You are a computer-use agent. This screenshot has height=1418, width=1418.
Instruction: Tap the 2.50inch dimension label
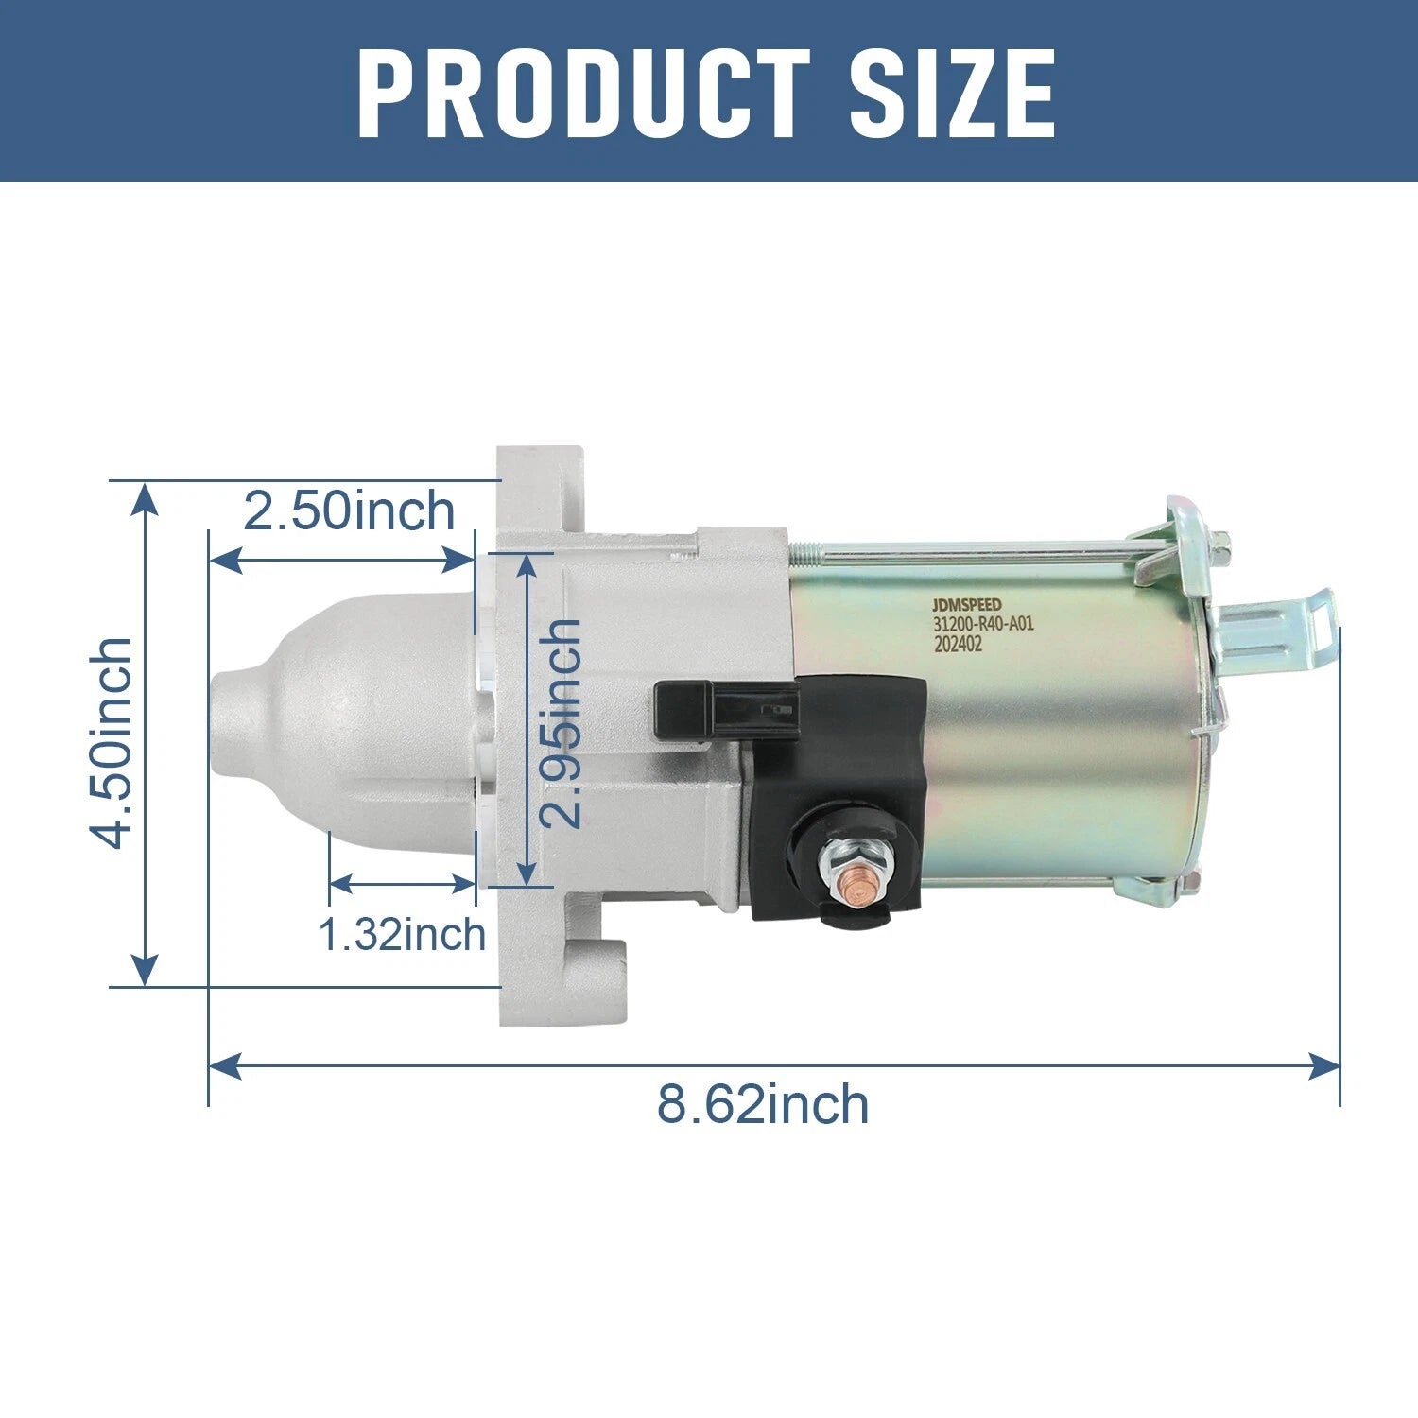pyautogui.click(x=349, y=511)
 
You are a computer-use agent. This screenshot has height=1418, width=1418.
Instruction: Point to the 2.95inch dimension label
pyautogui.click(x=562, y=724)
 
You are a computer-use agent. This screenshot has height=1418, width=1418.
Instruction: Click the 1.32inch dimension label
pyautogui.click(x=402, y=934)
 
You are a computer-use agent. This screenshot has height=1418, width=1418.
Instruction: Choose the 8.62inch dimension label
pyautogui.click(x=763, y=1103)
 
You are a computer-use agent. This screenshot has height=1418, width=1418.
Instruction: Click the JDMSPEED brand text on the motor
pyautogui.click(x=967, y=604)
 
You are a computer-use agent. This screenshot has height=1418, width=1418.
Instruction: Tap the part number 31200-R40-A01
pyautogui.click(x=983, y=624)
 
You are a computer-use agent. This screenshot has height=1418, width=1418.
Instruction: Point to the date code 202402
pyautogui.click(x=958, y=644)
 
